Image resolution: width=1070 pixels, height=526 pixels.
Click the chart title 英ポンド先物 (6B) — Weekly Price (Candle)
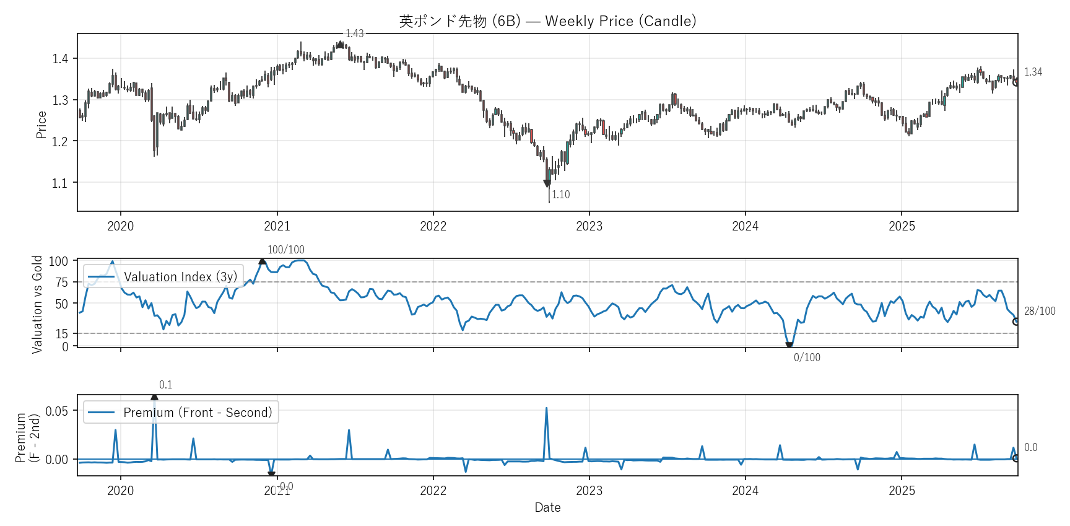point(547,21)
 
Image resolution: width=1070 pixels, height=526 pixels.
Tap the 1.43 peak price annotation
point(355,33)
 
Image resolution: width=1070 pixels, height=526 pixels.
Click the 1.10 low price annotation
point(561,195)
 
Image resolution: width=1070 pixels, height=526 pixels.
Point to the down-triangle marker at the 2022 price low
point(547,183)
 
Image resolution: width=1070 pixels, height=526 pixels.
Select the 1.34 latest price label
point(1033,72)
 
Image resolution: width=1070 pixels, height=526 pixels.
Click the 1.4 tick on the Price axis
point(60,59)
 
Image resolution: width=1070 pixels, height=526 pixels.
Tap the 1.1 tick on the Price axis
point(60,183)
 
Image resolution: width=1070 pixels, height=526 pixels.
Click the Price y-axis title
point(41,125)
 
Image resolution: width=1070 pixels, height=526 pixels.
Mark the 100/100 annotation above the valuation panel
point(285,250)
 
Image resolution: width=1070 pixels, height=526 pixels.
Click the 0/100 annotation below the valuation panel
point(807,357)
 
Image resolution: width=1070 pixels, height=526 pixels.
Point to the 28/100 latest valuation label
point(1040,311)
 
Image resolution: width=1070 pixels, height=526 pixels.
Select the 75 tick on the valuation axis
point(61,283)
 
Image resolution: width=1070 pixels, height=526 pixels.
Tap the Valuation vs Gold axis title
point(37,304)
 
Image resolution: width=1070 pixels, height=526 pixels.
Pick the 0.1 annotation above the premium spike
point(165,385)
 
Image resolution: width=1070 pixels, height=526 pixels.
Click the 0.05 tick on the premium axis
point(57,411)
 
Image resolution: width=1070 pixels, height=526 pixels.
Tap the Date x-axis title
point(547,507)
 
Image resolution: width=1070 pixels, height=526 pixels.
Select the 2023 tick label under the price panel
point(589,226)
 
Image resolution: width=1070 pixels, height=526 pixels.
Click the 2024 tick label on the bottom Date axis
point(745,491)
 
